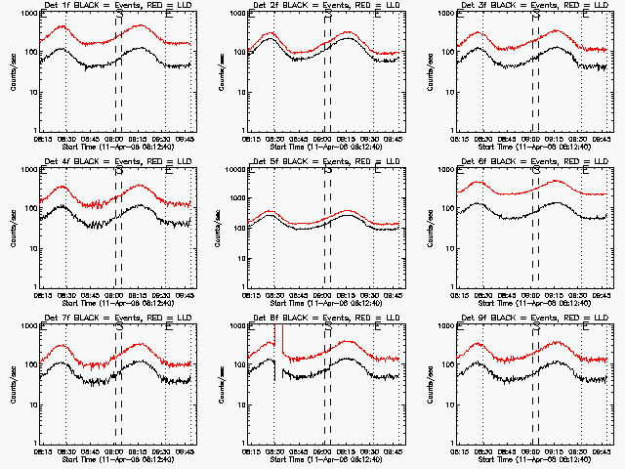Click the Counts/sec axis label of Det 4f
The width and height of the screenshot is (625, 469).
12,229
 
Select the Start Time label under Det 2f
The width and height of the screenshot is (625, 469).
322,148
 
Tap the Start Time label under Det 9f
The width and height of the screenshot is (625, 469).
531,460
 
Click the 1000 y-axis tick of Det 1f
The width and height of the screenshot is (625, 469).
30,14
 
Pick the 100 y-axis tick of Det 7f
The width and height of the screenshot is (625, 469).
32,365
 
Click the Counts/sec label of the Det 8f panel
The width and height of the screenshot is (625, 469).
221,385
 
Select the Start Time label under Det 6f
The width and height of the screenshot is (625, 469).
531,304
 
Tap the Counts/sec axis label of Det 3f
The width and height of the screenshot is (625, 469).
430,72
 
